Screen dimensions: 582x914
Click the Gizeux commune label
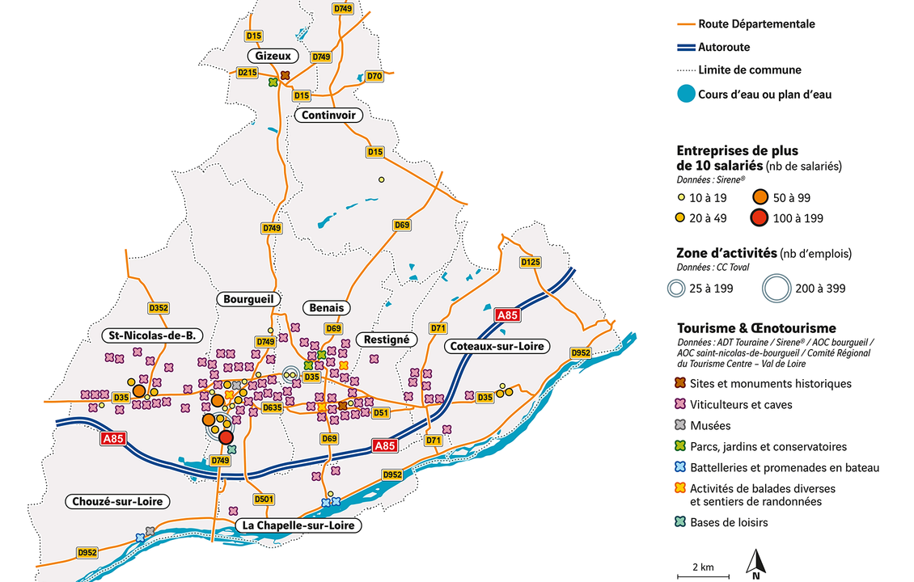coord(273,56)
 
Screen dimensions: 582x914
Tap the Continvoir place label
coord(328,116)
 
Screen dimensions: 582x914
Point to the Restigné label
coord(386,339)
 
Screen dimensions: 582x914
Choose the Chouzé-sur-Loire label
coord(117,501)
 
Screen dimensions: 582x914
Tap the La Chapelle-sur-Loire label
coord(298,525)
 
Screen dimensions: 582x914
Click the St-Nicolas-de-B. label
coord(150,335)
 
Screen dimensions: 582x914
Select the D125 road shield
coord(531,262)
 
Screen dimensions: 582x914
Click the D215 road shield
coord(248,73)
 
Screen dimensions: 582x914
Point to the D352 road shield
coord(159,307)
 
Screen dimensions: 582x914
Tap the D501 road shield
coord(264,499)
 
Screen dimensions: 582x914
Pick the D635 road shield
coord(273,408)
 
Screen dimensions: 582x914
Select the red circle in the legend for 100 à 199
coord(759,218)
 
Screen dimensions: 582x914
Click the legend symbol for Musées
coord(681,425)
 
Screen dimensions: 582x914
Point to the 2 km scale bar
coord(702,576)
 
